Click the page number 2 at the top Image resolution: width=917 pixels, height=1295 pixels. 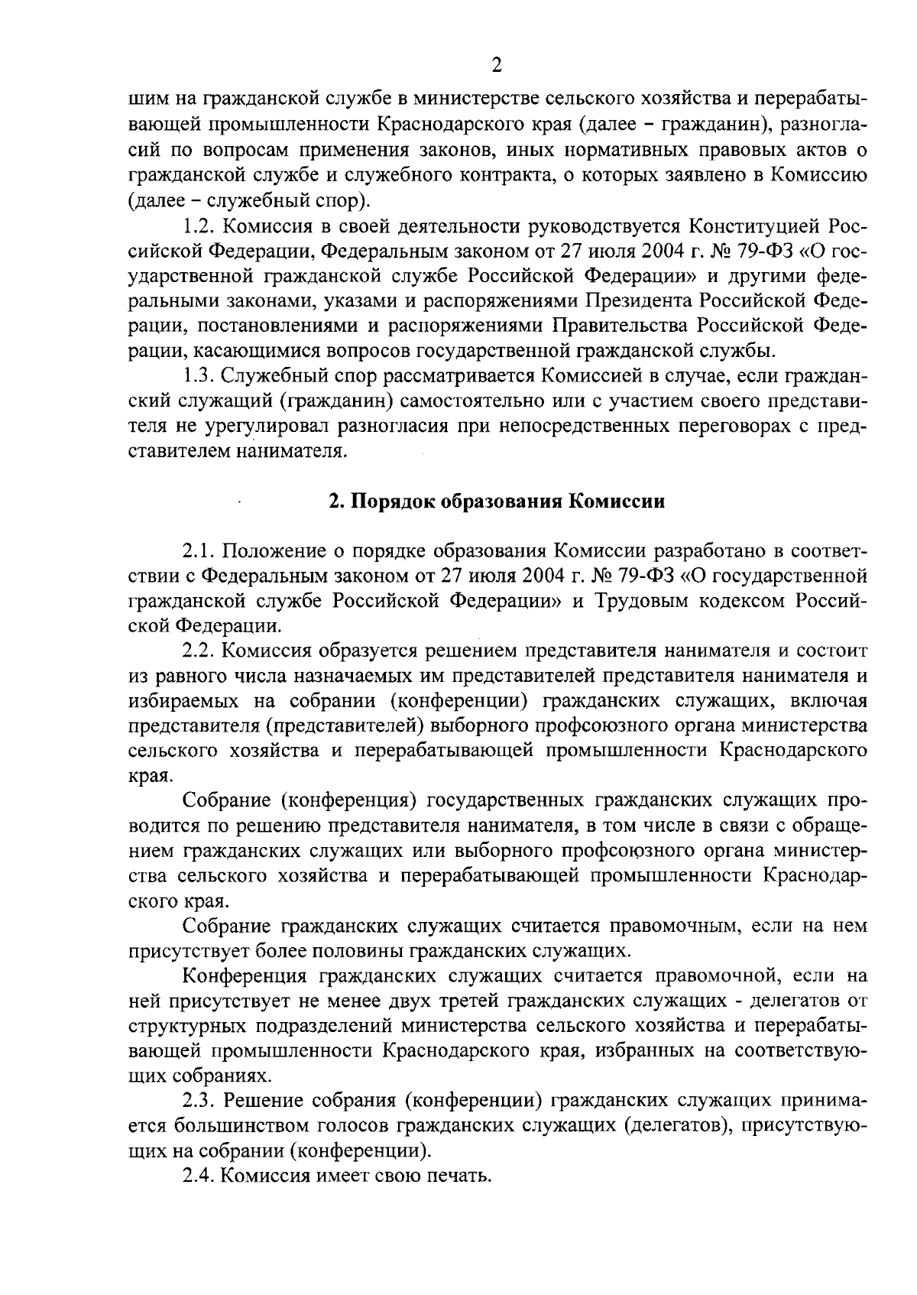tap(497, 66)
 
